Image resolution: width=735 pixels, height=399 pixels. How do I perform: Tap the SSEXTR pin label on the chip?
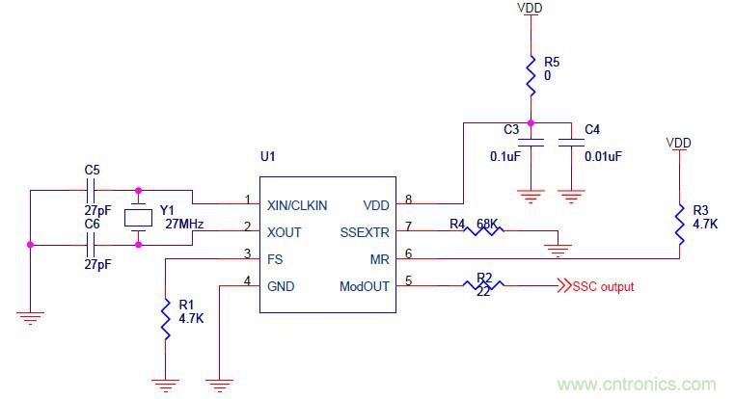pos(363,231)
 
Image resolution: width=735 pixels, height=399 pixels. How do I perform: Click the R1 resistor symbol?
pos(166,316)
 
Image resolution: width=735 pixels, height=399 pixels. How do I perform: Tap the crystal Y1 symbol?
pos(139,217)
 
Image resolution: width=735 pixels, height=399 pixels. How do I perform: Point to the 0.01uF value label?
pos(603,156)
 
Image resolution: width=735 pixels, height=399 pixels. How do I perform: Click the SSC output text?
pos(603,286)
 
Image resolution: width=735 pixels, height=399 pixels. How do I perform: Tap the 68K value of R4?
pos(489,224)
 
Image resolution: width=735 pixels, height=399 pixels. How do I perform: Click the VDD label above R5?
pos(530,8)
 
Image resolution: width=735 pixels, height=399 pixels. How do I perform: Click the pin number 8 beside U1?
pos(409,199)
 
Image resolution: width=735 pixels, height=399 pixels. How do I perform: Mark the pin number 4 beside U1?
pos(247,281)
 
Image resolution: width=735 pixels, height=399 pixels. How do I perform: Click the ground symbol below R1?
pos(166,383)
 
